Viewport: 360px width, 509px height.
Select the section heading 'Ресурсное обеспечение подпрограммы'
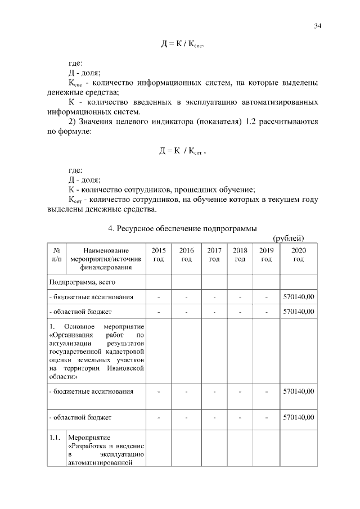(x=182, y=228)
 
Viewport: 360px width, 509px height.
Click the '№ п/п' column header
(x=57, y=255)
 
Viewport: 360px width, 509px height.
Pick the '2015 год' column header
(x=159, y=255)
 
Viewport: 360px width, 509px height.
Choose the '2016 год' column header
(x=186, y=255)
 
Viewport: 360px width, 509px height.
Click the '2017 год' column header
(x=214, y=255)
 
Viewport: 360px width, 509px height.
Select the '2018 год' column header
(x=240, y=255)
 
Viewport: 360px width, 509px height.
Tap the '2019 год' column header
(x=267, y=255)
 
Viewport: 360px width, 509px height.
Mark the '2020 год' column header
(x=298, y=255)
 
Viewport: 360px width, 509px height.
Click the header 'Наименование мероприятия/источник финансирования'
(x=106, y=259)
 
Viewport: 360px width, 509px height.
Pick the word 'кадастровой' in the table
(x=127, y=351)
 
